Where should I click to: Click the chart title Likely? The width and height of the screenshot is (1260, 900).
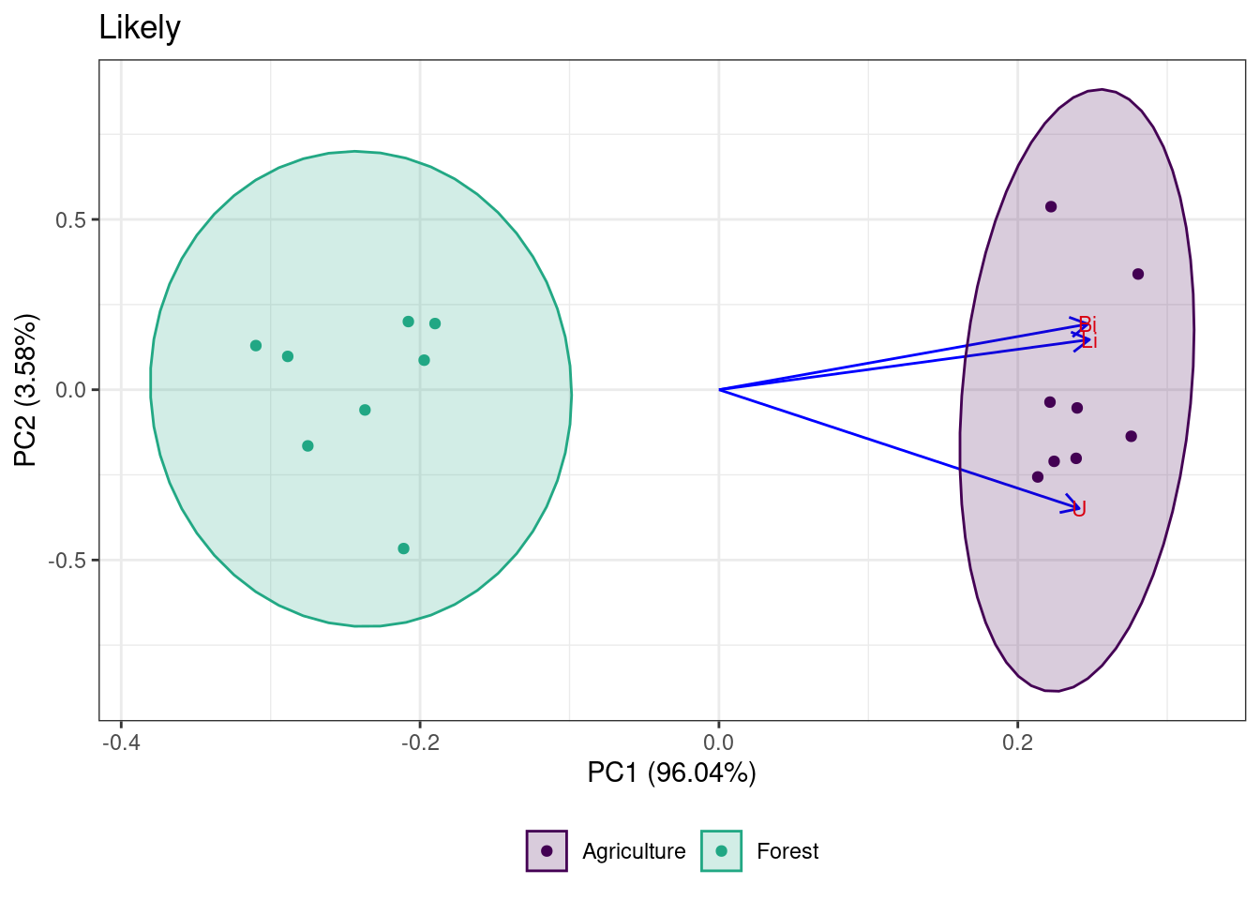click(x=140, y=28)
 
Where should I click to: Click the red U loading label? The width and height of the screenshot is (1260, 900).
click(x=1079, y=509)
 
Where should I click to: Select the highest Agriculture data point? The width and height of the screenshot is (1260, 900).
click(x=1051, y=206)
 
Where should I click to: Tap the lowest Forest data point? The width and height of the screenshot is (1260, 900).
click(x=403, y=548)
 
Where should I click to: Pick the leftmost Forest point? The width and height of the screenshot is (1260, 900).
click(x=256, y=346)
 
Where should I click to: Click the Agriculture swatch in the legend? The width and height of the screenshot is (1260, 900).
click(x=547, y=851)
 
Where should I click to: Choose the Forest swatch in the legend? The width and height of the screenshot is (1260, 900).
click(x=721, y=851)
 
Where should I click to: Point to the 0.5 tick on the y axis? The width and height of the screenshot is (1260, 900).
click(x=70, y=220)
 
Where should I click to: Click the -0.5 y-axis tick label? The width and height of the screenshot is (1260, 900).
click(x=67, y=561)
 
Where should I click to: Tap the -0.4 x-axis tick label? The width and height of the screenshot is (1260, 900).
click(x=121, y=743)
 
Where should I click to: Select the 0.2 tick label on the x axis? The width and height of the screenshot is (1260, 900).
click(x=1017, y=743)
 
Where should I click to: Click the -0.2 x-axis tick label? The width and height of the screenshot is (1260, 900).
click(x=420, y=743)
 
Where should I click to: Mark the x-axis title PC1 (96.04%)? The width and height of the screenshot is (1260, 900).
click(x=671, y=772)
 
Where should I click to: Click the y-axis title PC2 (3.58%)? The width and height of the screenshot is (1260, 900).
click(x=26, y=390)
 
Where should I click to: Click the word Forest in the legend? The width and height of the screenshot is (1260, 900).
click(x=787, y=851)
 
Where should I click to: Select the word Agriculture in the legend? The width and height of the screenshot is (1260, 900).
click(x=634, y=851)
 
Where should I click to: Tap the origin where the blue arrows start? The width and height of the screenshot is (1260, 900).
click(x=719, y=389)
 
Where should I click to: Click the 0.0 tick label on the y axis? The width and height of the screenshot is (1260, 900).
click(x=70, y=390)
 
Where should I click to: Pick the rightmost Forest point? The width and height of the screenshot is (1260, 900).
click(x=435, y=323)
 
